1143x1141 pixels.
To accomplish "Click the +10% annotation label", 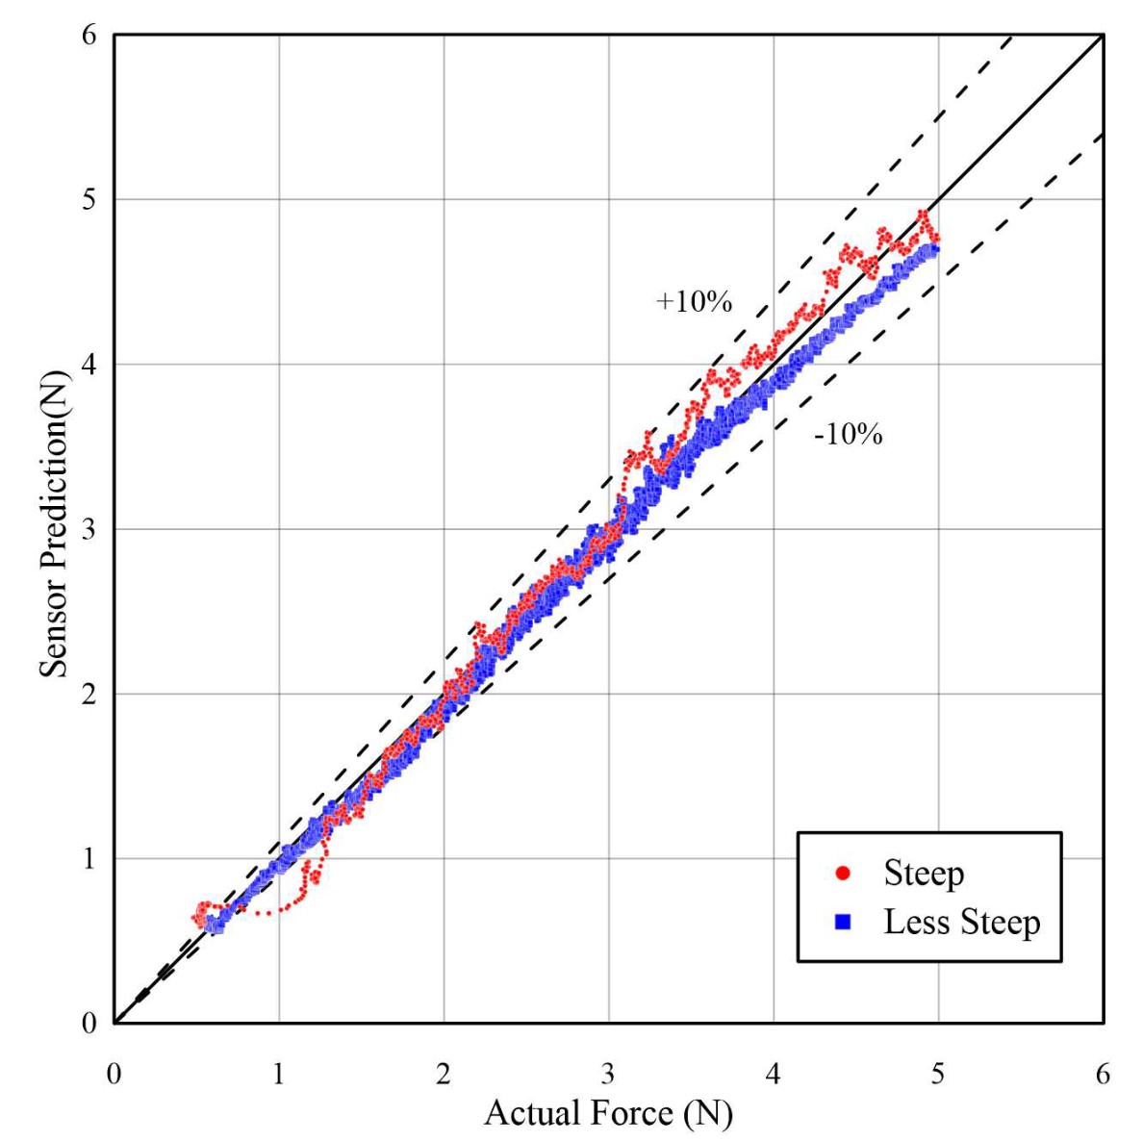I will pyautogui.click(x=694, y=302).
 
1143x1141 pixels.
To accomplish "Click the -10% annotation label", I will pyautogui.click(x=848, y=435).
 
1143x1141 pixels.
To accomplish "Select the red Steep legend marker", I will pyautogui.click(x=843, y=874).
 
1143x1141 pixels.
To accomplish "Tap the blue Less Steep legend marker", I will pyautogui.click(x=843, y=923).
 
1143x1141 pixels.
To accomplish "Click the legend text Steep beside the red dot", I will pyautogui.click(x=924, y=874).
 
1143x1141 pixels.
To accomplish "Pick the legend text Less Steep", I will pyautogui.click(x=962, y=923).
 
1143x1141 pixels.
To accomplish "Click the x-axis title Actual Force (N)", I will pyautogui.click(x=608, y=1113).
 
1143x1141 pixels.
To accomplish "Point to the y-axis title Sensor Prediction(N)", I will pyautogui.click(x=55, y=528).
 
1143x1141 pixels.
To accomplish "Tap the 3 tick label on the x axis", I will pyautogui.click(x=608, y=1074).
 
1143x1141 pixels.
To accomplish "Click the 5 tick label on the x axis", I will pyautogui.click(x=938, y=1074).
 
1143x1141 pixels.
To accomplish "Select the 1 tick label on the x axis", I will pyautogui.click(x=279, y=1074).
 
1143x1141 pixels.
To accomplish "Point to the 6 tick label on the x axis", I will pyautogui.click(x=1103, y=1074).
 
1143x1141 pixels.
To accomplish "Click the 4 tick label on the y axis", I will pyautogui.click(x=89, y=365).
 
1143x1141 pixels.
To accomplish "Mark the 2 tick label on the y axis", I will pyautogui.click(x=89, y=694).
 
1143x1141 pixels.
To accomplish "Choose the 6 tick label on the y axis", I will pyautogui.click(x=89, y=35).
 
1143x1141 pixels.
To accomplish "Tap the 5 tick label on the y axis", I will pyautogui.click(x=89, y=199).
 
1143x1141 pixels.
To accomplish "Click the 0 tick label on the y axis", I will pyautogui.click(x=89, y=1023).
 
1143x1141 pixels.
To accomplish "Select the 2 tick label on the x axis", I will pyautogui.click(x=444, y=1074).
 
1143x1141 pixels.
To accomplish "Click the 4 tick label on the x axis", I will pyautogui.click(x=774, y=1074).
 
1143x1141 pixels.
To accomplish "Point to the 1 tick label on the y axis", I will pyautogui.click(x=89, y=858).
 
